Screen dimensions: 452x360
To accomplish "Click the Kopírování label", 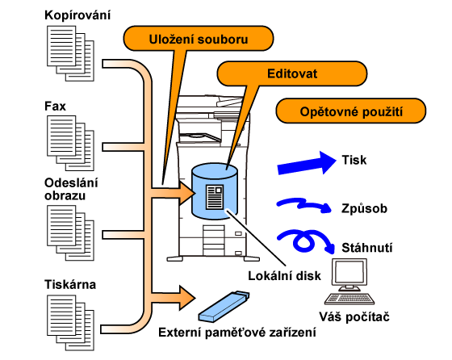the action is (77, 15).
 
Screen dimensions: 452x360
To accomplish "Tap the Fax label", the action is (55, 106).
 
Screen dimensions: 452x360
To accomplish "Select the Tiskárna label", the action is (70, 284).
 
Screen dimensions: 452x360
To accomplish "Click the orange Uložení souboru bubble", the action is (199, 39).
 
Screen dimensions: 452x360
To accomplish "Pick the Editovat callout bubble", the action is (292, 73).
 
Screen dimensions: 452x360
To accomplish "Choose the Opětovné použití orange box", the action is (351, 111).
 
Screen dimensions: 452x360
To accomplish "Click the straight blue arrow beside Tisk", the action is (307, 163).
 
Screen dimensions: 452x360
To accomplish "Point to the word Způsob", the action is (364, 209).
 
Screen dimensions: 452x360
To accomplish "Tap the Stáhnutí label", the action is (367, 248).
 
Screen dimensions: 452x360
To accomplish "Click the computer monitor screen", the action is (349, 273).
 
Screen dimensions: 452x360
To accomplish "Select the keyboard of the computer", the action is (349, 299).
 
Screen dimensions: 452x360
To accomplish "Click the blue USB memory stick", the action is (224, 307).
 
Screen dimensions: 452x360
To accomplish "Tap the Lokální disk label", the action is (284, 276).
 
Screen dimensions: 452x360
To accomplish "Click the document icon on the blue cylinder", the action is (215, 197).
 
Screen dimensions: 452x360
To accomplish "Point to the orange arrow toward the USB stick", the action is (173, 298).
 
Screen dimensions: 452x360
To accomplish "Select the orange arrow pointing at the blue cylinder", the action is (173, 193).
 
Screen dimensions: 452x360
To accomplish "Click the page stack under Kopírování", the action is (71, 53).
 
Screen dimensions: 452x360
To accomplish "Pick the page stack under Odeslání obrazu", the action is (71, 233).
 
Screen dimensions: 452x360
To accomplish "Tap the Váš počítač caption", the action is (354, 317).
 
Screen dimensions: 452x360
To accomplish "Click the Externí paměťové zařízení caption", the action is (237, 333).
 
